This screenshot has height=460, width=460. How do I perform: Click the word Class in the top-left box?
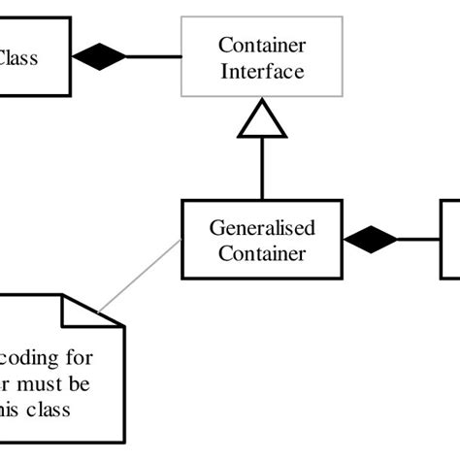(x=16, y=57)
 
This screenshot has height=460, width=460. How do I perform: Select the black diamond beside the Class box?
(x=98, y=57)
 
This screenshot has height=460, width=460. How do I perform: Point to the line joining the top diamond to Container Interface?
(x=153, y=57)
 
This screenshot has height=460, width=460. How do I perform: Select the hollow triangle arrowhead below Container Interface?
(x=262, y=122)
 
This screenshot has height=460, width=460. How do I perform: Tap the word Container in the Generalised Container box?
(x=262, y=253)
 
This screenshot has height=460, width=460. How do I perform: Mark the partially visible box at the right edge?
(x=450, y=239)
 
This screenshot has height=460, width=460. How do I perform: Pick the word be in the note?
(x=95, y=383)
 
